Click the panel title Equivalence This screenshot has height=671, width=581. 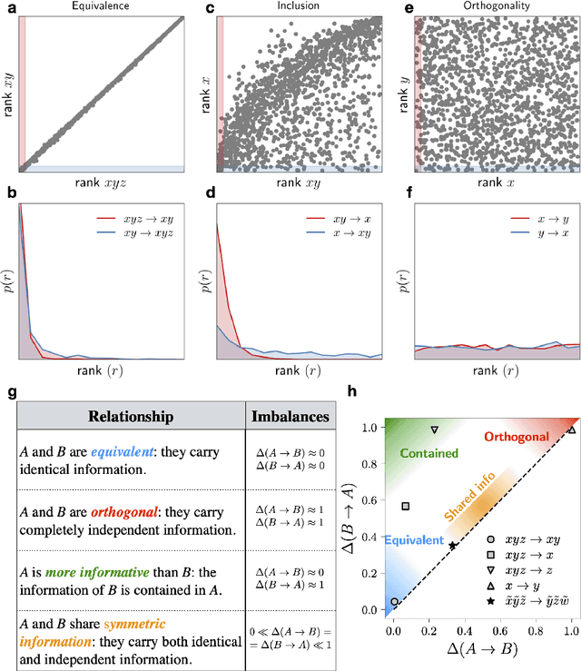pos(102,8)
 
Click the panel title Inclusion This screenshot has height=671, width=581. pos(299,8)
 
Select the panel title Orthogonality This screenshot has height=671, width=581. pos(496,8)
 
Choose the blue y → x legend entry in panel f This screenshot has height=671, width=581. pos(540,235)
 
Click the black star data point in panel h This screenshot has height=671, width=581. pos(453,545)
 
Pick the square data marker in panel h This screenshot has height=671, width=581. pos(406,507)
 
